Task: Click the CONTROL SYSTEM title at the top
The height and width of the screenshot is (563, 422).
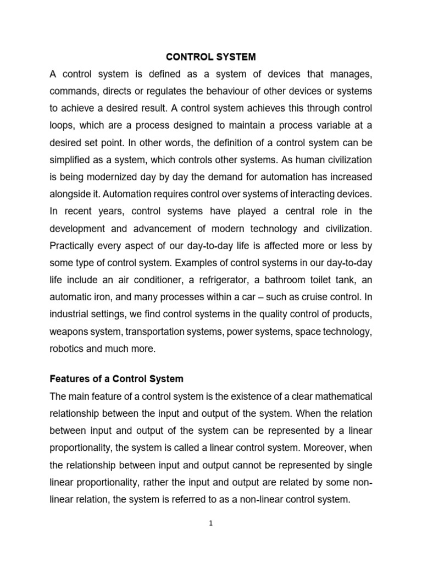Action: click(211, 56)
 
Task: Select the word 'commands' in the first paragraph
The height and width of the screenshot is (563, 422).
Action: click(73, 90)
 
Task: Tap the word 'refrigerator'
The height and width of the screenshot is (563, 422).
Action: click(220, 279)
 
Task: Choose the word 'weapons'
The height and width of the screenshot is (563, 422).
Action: click(70, 331)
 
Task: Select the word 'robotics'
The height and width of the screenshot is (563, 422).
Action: click(67, 348)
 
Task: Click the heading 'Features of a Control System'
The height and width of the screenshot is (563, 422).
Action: click(116, 379)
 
